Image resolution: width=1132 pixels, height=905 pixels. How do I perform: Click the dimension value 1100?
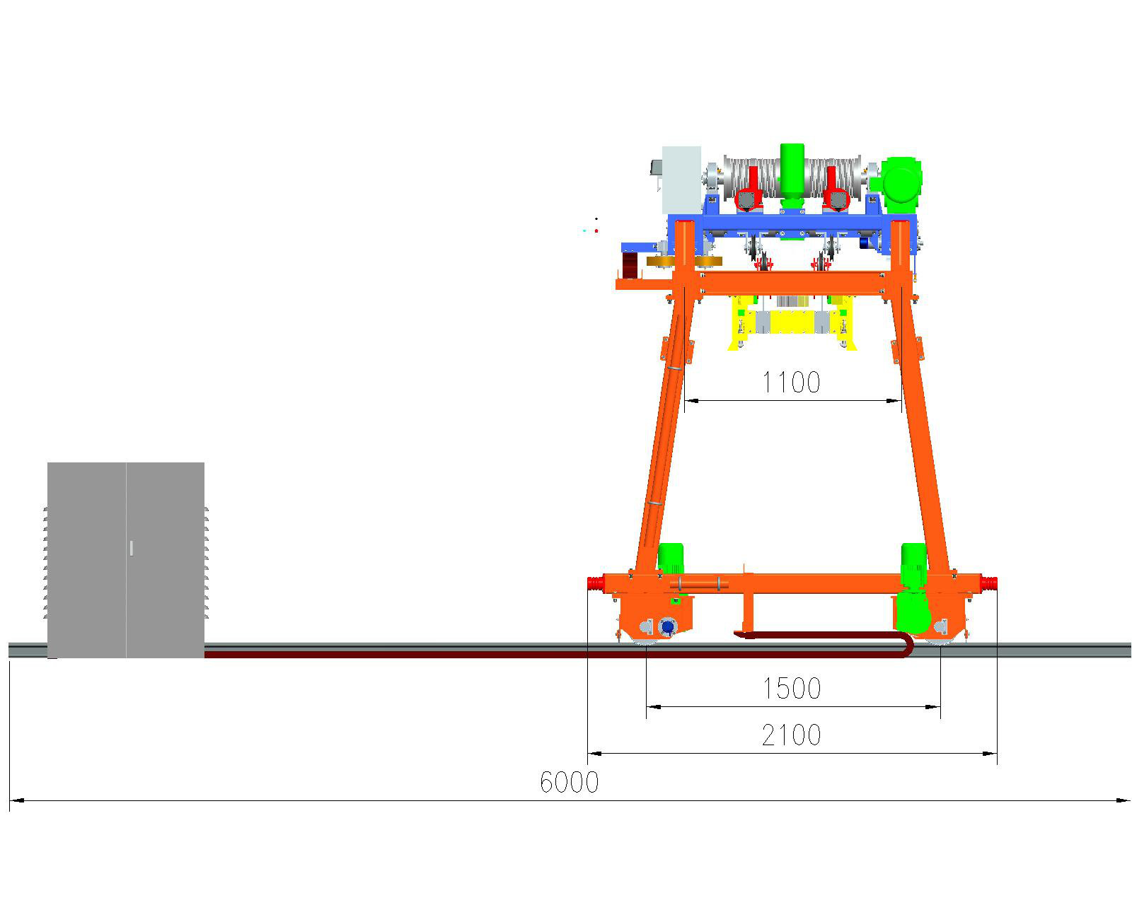(790, 383)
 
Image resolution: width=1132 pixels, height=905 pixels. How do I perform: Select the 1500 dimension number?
(791, 688)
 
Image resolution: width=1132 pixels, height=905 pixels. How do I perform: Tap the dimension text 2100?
(791, 735)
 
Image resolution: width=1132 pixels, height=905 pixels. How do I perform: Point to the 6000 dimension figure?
(569, 783)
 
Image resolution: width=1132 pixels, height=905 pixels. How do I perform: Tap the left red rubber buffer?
(596, 584)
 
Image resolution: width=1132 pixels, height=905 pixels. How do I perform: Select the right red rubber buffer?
(989, 584)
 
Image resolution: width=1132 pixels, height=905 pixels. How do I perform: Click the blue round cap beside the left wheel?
(667, 627)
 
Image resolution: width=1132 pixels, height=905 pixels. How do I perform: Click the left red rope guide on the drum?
(749, 189)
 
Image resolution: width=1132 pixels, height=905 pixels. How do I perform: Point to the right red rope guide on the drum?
(836, 189)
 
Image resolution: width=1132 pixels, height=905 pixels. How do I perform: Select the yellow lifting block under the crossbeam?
(792, 322)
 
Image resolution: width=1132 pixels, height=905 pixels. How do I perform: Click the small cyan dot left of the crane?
(584, 230)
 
